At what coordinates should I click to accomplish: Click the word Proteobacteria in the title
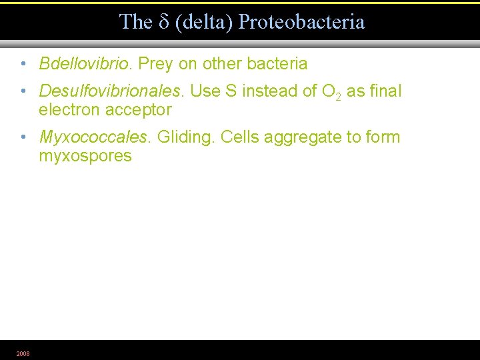tap(302, 22)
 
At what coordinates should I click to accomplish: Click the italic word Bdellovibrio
tap(85, 64)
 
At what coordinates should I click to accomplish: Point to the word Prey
tap(155, 64)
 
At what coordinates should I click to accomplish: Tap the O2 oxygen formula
tap(331, 92)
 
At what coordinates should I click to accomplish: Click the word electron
tap(69, 109)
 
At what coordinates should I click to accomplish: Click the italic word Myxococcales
tap(94, 137)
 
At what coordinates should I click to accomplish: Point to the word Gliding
tap(185, 137)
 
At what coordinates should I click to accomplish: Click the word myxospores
tap(85, 156)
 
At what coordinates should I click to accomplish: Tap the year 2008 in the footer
tap(23, 353)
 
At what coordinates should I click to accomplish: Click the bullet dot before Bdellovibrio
tap(23, 65)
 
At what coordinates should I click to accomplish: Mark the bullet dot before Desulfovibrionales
tap(23, 92)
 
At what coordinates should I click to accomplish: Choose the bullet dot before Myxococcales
tap(23, 138)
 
